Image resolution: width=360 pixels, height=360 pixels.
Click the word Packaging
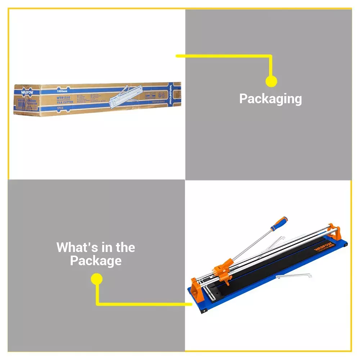pyautogui.click(x=270, y=99)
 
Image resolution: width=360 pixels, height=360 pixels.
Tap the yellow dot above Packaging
pyautogui.click(x=271, y=81)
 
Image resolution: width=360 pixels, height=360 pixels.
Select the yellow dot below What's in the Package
pyautogui.click(x=96, y=279)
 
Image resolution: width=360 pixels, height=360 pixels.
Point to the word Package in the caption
pyautogui.click(x=96, y=261)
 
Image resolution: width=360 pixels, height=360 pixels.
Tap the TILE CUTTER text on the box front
pyautogui.click(x=65, y=102)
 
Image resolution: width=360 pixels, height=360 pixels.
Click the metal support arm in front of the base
pyautogui.click(x=293, y=276)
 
